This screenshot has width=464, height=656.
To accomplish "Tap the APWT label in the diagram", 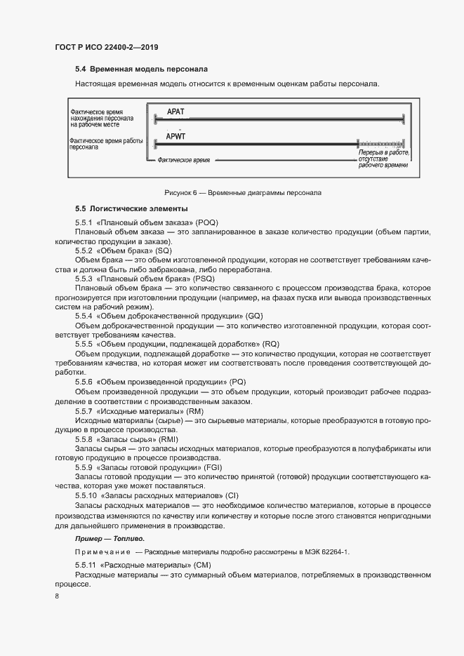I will (178, 136).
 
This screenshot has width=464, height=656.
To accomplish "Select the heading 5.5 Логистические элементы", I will (131, 209).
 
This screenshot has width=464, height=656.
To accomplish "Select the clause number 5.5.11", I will (86, 565).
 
